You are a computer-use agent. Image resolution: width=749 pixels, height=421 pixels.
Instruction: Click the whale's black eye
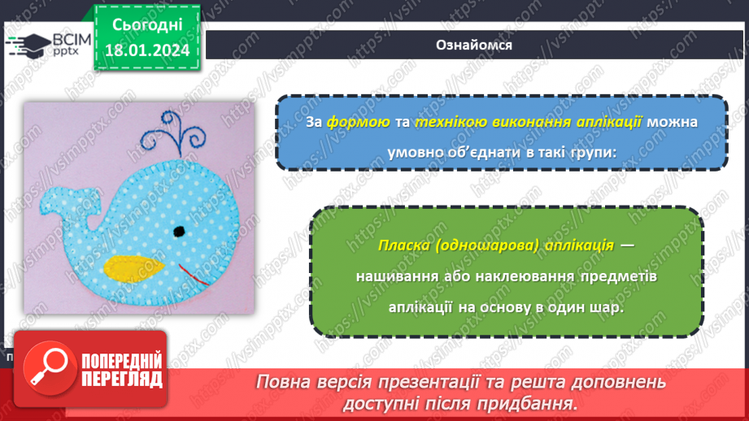coord(178,232)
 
